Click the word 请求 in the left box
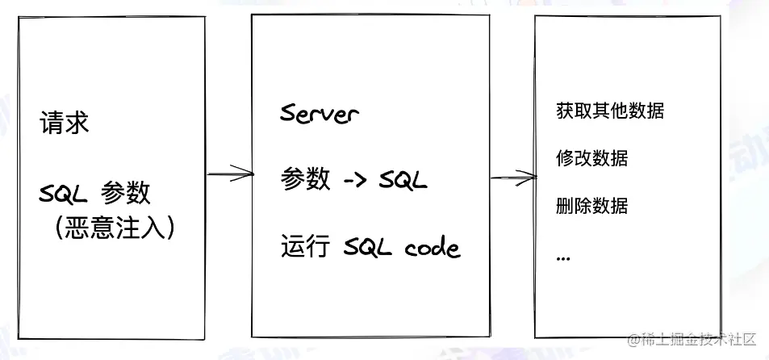pos(64,124)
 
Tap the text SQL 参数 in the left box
pos(94,194)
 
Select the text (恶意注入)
pos(115,227)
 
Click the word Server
pos(319,113)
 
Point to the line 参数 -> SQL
pos(353,179)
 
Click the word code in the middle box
pos(432,246)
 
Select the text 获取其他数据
pos(610,111)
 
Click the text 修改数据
pos(592,158)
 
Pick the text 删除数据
pos(592,205)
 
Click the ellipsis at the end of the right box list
pos(563,256)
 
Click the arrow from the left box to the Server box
pos(229,173)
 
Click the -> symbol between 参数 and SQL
pos(355,180)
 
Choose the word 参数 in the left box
pos(125,194)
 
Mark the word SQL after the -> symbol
pos(403,179)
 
